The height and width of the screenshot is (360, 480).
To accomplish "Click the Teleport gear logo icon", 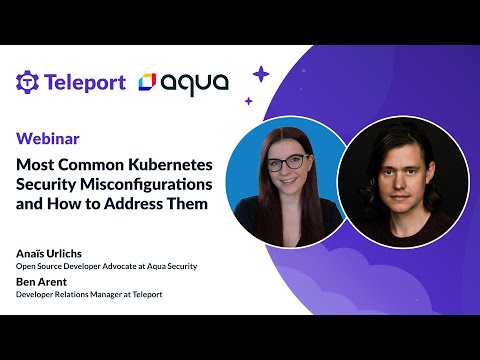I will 27,82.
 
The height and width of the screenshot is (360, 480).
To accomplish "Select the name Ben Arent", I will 41,283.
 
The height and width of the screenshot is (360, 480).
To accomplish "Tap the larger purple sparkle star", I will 261,73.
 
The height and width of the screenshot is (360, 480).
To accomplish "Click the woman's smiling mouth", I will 284,185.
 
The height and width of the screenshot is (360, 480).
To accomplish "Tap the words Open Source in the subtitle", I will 37,267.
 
